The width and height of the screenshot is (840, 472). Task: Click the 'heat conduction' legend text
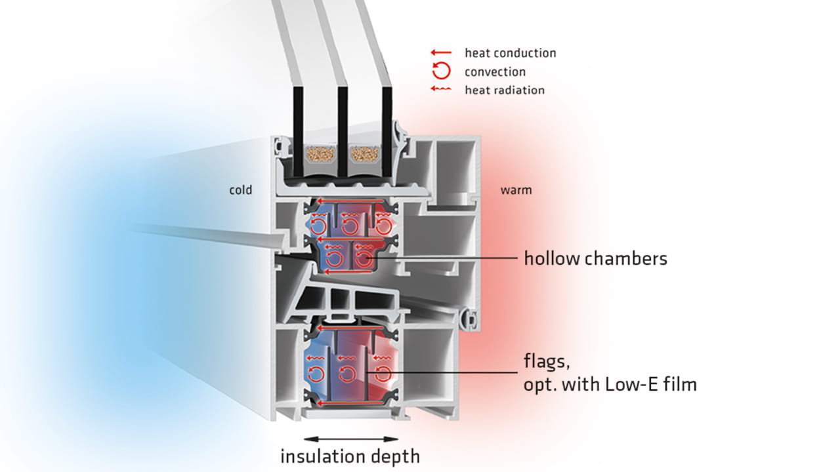point(510,53)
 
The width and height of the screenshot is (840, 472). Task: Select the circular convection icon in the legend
point(441,71)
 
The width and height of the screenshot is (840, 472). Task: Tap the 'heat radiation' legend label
point(505,90)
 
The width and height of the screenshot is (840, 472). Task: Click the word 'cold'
point(240,191)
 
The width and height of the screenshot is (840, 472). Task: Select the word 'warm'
point(516,191)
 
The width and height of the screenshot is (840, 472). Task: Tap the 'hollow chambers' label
point(595,259)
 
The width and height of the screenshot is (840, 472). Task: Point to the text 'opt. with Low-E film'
point(610,384)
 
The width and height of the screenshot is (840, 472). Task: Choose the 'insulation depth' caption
point(350,456)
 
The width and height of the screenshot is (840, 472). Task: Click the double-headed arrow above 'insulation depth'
point(351,439)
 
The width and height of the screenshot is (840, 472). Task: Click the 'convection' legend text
point(495,71)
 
